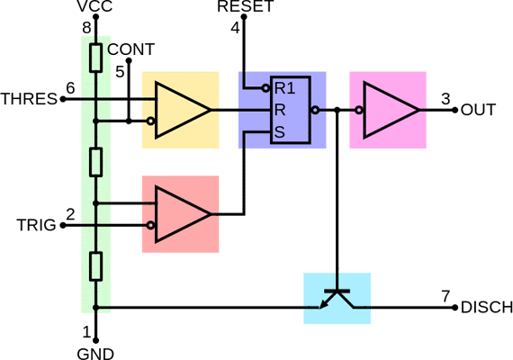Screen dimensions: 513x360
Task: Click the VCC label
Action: tap(94, 6)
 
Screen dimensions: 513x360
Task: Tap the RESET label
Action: tap(246, 6)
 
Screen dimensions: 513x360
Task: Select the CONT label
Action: tap(130, 49)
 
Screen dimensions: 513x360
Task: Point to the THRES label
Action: tap(29, 99)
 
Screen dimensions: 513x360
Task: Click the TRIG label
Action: tap(36, 225)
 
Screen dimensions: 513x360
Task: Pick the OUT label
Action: tap(478, 110)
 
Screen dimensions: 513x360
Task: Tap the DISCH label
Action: tap(487, 307)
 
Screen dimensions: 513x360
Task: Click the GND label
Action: tap(95, 354)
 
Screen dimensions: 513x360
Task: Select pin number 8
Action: tap(86, 28)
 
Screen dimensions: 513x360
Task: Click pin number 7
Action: tap(445, 296)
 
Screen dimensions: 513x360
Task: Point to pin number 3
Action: tap(445, 99)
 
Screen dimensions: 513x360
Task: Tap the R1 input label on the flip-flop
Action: tap(284, 88)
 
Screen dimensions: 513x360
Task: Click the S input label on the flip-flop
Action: tap(280, 132)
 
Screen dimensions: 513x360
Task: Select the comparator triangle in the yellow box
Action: tap(182, 110)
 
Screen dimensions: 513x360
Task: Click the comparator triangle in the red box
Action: tap(182, 214)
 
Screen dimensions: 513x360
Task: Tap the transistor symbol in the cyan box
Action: tap(337, 299)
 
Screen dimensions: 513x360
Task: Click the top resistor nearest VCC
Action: tap(96, 58)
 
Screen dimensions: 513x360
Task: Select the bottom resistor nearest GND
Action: tap(96, 266)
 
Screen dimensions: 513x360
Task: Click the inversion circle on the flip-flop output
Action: tap(315, 110)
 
